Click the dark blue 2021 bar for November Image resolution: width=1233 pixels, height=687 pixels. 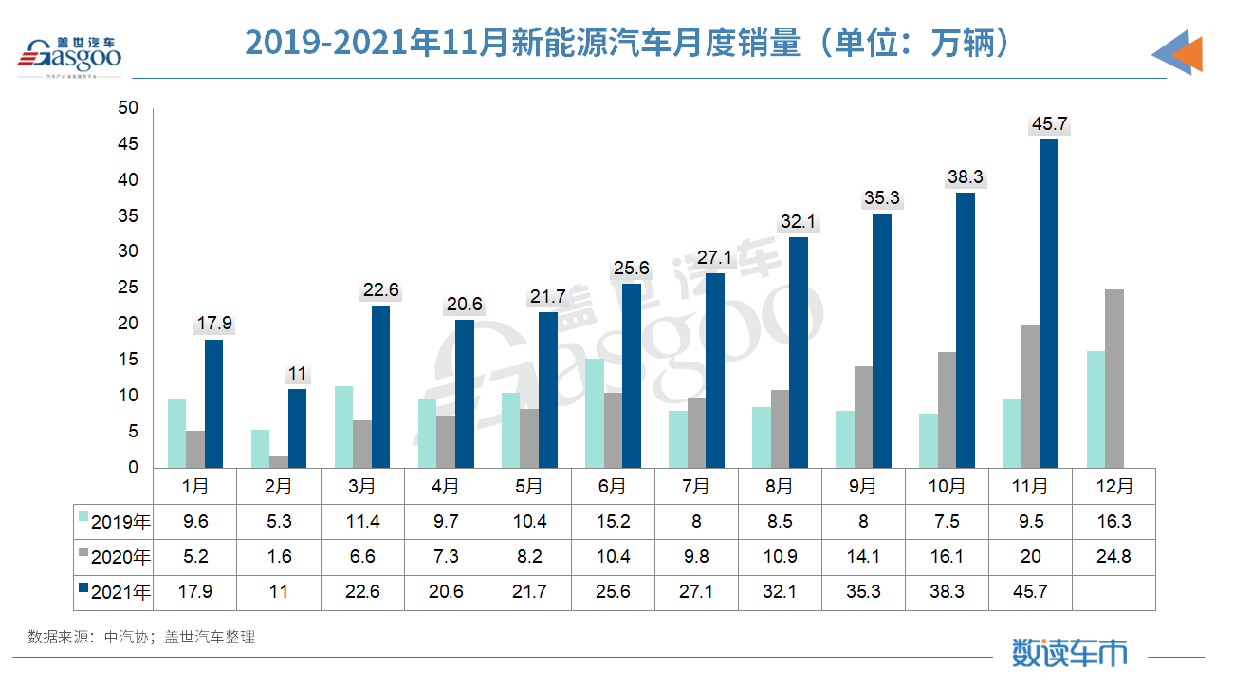click(1049, 304)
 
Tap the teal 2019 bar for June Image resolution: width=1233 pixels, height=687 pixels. click(594, 413)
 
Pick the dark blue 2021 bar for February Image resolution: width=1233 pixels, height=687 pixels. click(297, 428)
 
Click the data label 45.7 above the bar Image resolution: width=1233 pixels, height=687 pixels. click(1050, 124)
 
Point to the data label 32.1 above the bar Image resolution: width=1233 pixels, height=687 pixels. click(799, 222)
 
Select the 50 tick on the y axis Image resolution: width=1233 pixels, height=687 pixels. click(128, 109)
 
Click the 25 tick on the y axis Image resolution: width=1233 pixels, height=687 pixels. click(128, 288)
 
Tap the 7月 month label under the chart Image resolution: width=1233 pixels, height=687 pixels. click(696, 487)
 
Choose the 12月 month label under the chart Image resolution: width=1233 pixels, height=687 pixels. click(1113, 487)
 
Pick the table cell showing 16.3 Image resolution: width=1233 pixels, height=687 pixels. click(1113, 521)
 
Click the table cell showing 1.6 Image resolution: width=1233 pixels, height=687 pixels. click(279, 557)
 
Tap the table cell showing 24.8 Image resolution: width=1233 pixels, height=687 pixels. click(1113, 557)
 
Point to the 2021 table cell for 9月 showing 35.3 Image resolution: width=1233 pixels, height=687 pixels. click(863, 592)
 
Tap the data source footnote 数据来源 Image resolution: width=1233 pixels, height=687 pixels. click(141, 637)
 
